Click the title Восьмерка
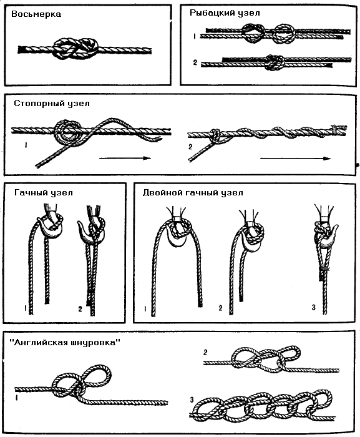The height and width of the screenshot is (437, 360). (x=36, y=14)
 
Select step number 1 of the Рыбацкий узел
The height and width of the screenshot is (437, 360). (x=195, y=36)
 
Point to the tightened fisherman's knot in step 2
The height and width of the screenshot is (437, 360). (x=275, y=62)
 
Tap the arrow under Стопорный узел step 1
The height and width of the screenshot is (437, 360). (x=125, y=159)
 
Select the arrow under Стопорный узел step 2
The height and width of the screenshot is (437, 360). (x=295, y=159)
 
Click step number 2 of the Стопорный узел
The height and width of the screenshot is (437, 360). (x=190, y=147)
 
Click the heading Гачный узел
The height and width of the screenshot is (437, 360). (x=44, y=192)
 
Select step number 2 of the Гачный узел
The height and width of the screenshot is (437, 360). (x=80, y=309)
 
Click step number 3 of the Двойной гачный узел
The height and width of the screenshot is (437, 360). (x=313, y=307)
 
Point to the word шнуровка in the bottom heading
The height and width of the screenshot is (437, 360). (x=94, y=343)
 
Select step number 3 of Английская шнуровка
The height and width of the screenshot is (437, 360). (x=192, y=400)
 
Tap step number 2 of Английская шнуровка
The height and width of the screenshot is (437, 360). (x=205, y=352)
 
